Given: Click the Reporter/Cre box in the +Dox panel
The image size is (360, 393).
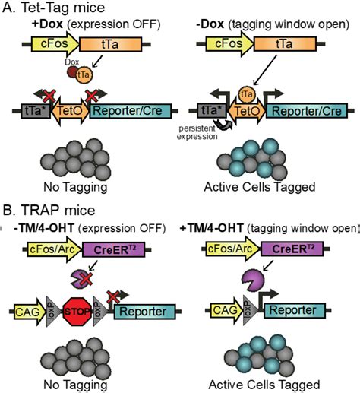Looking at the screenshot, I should click(129, 112).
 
